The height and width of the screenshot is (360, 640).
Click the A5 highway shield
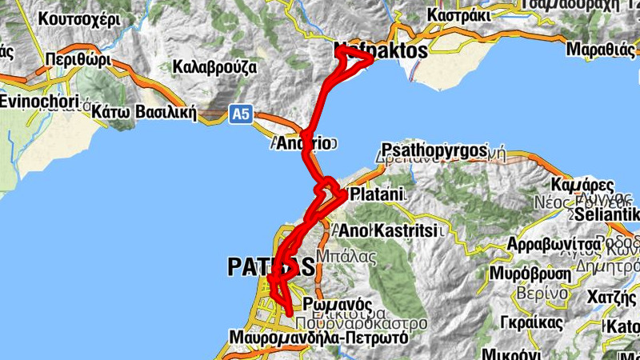pyautogui.click(x=241, y=115)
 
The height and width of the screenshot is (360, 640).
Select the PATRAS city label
pyautogui.click(x=265, y=266)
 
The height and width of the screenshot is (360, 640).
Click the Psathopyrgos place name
pyautogui.click(x=434, y=150)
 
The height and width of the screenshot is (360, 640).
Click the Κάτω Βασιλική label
pyautogui.click(x=144, y=111)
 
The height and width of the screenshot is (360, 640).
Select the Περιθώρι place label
pyautogui.click(x=76, y=59)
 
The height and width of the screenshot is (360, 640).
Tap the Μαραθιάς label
pyautogui.click(x=600, y=49)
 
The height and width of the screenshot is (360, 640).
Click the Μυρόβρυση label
pyautogui.click(x=530, y=273)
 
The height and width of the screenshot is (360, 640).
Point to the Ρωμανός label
pyautogui.click(x=338, y=304)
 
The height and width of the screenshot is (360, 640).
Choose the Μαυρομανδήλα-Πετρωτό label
pyautogui.click(x=318, y=338)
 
